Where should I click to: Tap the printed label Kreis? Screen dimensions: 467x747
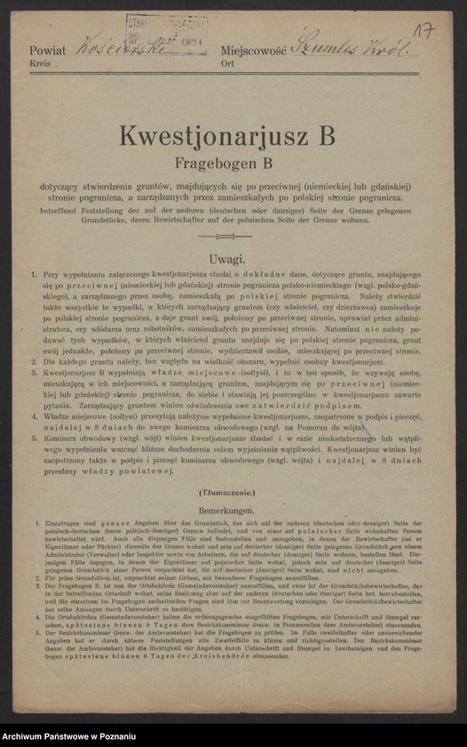[x=41, y=66]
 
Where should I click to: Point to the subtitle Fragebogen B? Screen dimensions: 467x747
[x=232, y=163]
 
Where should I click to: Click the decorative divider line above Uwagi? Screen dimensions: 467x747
[x=232, y=237]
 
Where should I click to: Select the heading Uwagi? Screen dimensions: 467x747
[x=233, y=258]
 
